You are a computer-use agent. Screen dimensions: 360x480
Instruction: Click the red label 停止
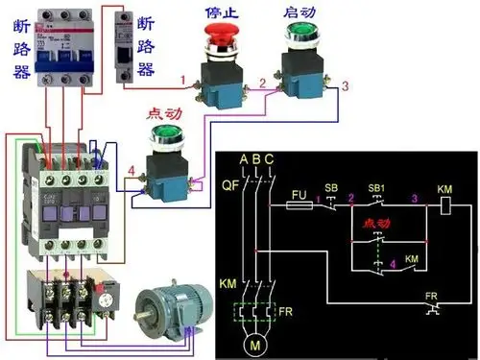(222, 13)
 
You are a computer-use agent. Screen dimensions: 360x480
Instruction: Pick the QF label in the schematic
(228, 186)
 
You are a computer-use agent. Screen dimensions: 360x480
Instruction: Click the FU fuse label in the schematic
(299, 193)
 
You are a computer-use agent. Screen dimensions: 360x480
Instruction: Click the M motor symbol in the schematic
(255, 342)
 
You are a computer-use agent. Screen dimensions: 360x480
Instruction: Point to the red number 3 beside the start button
(345, 87)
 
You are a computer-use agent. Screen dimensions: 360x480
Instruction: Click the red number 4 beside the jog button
(131, 173)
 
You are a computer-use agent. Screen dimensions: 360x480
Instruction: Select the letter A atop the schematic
(244, 158)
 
